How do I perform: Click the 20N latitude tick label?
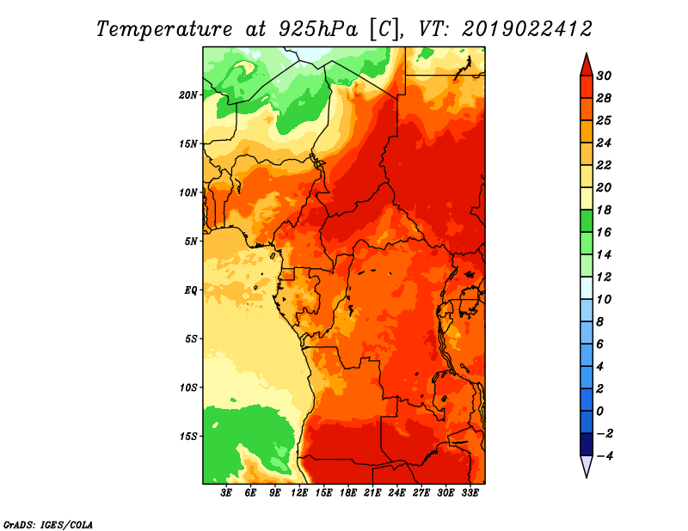(x=188, y=95)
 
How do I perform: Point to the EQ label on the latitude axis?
(x=190, y=290)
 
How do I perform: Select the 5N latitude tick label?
(x=191, y=241)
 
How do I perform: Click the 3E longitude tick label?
(x=226, y=493)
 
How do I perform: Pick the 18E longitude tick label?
(x=348, y=493)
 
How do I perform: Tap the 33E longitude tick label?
(x=470, y=493)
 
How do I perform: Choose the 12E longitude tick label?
(x=299, y=493)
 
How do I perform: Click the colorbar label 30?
(x=604, y=76)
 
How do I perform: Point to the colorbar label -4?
(x=605, y=456)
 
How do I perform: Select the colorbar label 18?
(x=604, y=210)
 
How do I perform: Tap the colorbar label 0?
(x=599, y=412)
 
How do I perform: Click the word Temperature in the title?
(x=164, y=29)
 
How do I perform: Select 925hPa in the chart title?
(x=318, y=29)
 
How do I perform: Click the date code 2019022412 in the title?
(x=527, y=29)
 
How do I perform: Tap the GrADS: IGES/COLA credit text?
(x=48, y=525)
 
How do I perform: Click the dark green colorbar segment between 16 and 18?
(x=587, y=221)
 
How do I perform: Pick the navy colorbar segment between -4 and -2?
(x=587, y=444)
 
